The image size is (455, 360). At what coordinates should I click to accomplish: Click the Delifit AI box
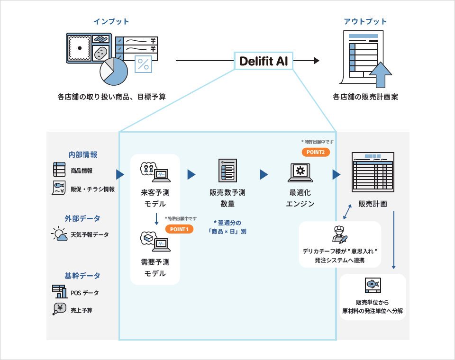[264, 61]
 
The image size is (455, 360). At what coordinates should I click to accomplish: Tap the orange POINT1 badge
[179, 229]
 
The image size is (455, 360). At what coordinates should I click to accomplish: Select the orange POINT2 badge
[316, 152]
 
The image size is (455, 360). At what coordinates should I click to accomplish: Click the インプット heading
[111, 21]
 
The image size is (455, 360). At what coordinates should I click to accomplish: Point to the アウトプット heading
[365, 21]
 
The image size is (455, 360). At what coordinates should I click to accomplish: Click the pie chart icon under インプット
[114, 72]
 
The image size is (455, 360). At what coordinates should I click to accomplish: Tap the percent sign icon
[143, 64]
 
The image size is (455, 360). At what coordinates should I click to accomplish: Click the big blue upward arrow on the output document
[381, 75]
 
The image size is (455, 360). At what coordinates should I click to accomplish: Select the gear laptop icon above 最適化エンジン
[300, 172]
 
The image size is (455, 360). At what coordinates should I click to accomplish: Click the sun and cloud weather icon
[60, 234]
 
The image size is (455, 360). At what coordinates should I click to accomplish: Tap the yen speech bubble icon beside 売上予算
[60, 309]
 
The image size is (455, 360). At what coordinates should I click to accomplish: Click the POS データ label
[85, 293]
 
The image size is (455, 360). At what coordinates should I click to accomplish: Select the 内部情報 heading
[82, 154]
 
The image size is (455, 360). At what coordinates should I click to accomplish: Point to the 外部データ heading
[82, 218]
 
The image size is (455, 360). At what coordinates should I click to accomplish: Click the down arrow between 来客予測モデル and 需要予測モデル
[156, 219]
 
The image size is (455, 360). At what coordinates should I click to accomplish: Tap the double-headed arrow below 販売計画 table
[347, 212]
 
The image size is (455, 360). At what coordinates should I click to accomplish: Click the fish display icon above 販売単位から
[373, 286]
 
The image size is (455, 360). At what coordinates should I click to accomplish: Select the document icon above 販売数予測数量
[228, 171]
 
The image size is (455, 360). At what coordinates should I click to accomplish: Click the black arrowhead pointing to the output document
[317, 61]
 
